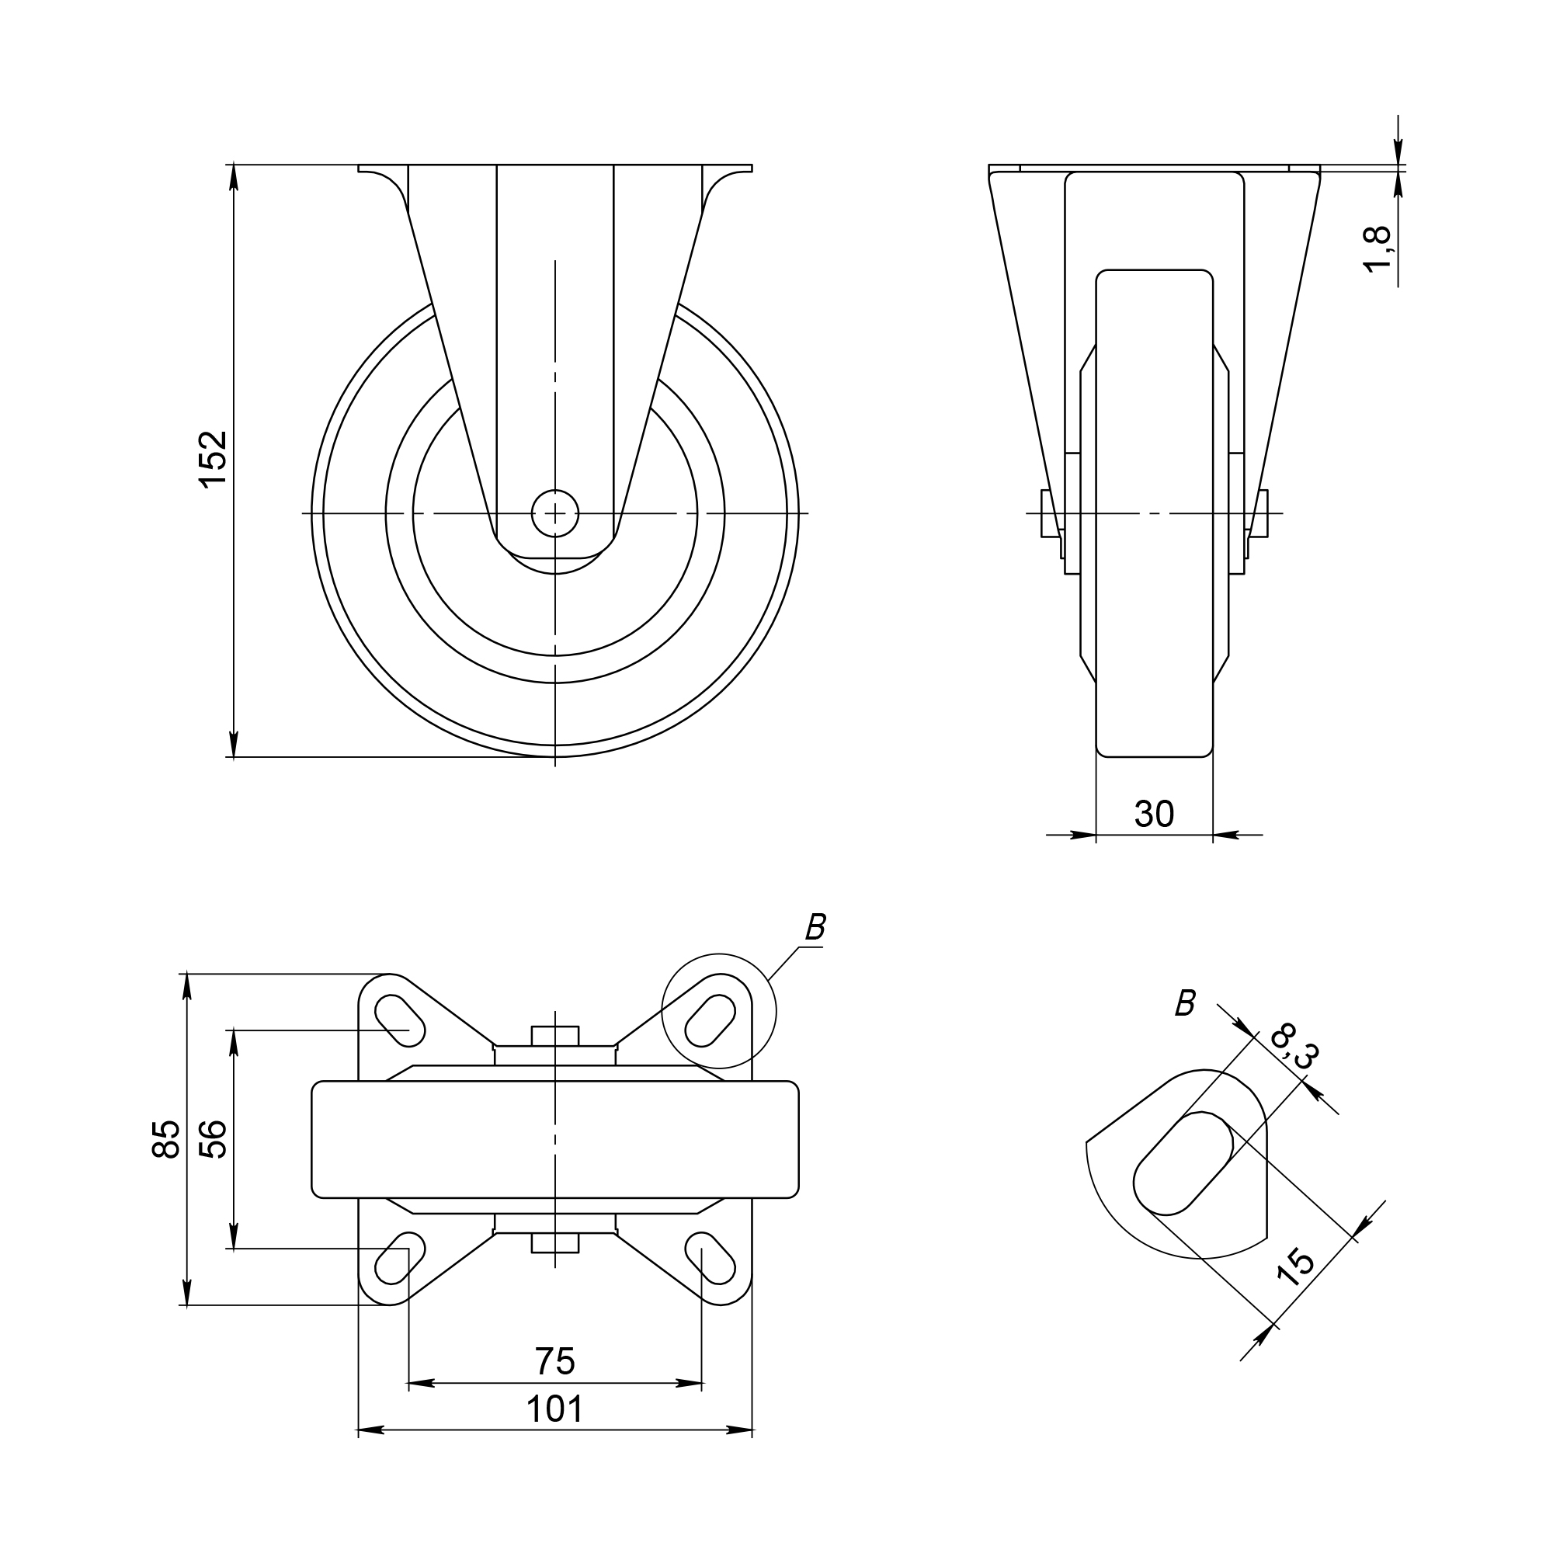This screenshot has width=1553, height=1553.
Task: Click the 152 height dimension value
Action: [x=214, y=460]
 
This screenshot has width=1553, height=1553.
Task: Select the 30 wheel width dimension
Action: [x=1155, y=815]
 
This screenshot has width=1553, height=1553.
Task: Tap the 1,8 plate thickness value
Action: [x=1378, y=250]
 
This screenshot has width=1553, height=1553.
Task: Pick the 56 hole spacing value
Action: [x=214, y=1138]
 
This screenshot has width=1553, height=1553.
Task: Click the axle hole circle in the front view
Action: [x=554, y=512]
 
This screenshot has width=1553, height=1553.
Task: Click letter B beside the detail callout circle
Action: [x=815, y=929]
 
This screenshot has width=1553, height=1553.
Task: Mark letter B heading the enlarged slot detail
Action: [x=1185, y=1003]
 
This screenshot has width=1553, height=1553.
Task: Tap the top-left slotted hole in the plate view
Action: [x=399, y=1020]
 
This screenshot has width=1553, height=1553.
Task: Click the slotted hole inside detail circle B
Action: [x=710, y=1020]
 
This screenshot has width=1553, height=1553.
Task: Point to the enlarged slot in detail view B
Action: [x=1183, y=1163]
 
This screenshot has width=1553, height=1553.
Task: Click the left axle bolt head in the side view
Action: [x=1049, y=512]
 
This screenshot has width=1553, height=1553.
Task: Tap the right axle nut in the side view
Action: [x=1259, y=512]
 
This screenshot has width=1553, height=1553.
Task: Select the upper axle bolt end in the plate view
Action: [x=554, y=1035]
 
